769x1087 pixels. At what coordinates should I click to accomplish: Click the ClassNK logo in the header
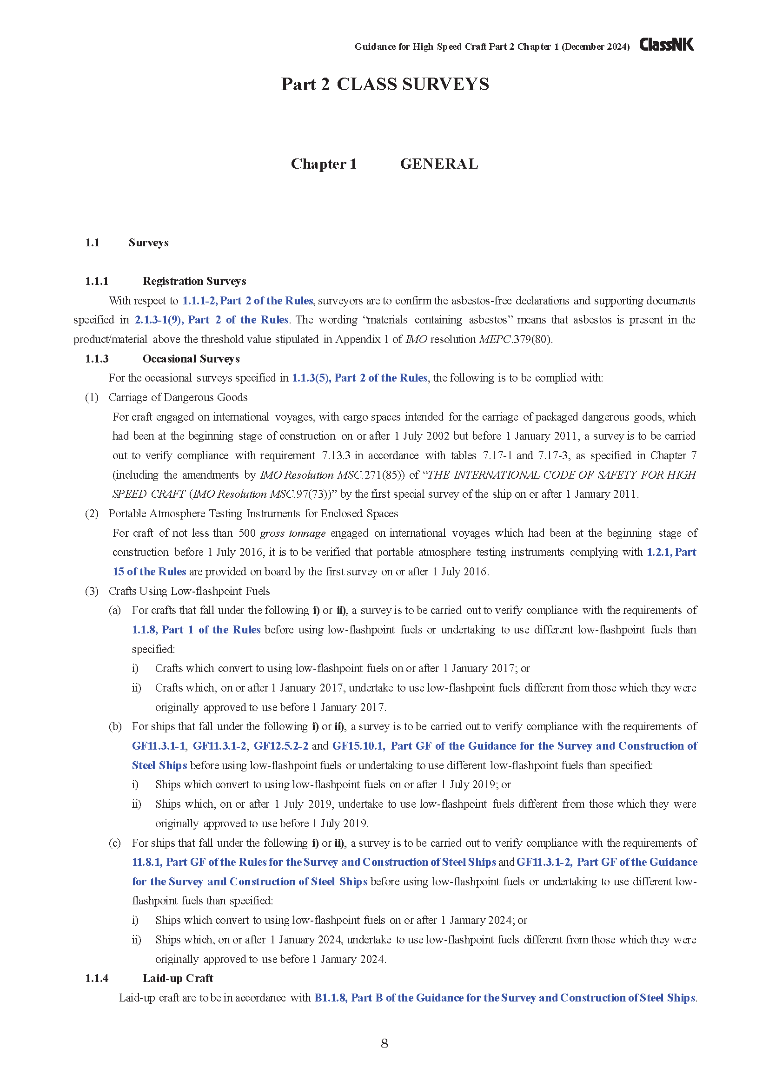(666, 45)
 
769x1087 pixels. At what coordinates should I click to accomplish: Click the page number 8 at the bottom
(384, 1043)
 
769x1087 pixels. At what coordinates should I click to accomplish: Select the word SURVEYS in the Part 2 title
(445, 84)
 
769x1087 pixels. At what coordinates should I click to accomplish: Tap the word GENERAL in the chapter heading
(439, 164)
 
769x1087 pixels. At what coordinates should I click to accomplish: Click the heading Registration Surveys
(194, 281)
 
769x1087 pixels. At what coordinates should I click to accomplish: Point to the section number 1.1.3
(97, 359)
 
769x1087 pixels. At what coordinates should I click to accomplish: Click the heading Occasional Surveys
(191, 359)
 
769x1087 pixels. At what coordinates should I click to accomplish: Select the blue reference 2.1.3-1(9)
(159, 320)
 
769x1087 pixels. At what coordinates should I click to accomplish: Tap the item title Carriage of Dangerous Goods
(178, 397)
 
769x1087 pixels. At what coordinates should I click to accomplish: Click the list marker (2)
(92, 514)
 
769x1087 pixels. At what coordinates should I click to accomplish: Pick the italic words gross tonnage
(292, 533)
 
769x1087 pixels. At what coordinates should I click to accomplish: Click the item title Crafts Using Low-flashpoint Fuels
(189, 591)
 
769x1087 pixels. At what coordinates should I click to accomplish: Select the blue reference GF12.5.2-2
(281, 746)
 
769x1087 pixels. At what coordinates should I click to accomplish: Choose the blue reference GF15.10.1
(358, 746)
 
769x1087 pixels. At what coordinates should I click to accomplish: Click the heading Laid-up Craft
(178, 979)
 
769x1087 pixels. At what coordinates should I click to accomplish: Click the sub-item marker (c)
(114, 843)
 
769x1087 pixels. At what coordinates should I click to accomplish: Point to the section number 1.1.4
(97, 979)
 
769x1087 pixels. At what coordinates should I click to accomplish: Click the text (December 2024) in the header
(595, 47)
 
